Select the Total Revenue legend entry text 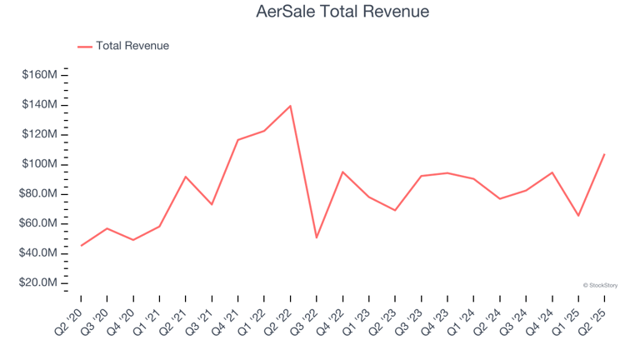coord(132,46)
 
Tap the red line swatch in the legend coord(85,47)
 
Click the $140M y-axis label coord(41,105)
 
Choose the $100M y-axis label coord(41,164)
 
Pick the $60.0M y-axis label coord(39,223)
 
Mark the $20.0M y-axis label coord(39,283)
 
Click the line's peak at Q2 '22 coord(290,106)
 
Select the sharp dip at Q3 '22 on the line coord(317,237)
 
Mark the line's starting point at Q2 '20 coord(81,245)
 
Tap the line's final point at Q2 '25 coord(604,154)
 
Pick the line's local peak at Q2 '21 coord(186,177)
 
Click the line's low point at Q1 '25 coord(577,216)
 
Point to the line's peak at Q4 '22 coord(342,172)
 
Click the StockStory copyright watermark coord(600,285)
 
